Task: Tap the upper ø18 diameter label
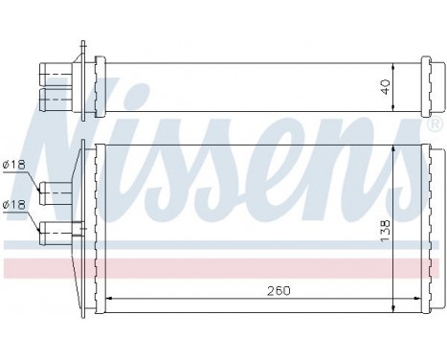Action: (14, 166)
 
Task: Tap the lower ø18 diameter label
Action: (14, 203)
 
